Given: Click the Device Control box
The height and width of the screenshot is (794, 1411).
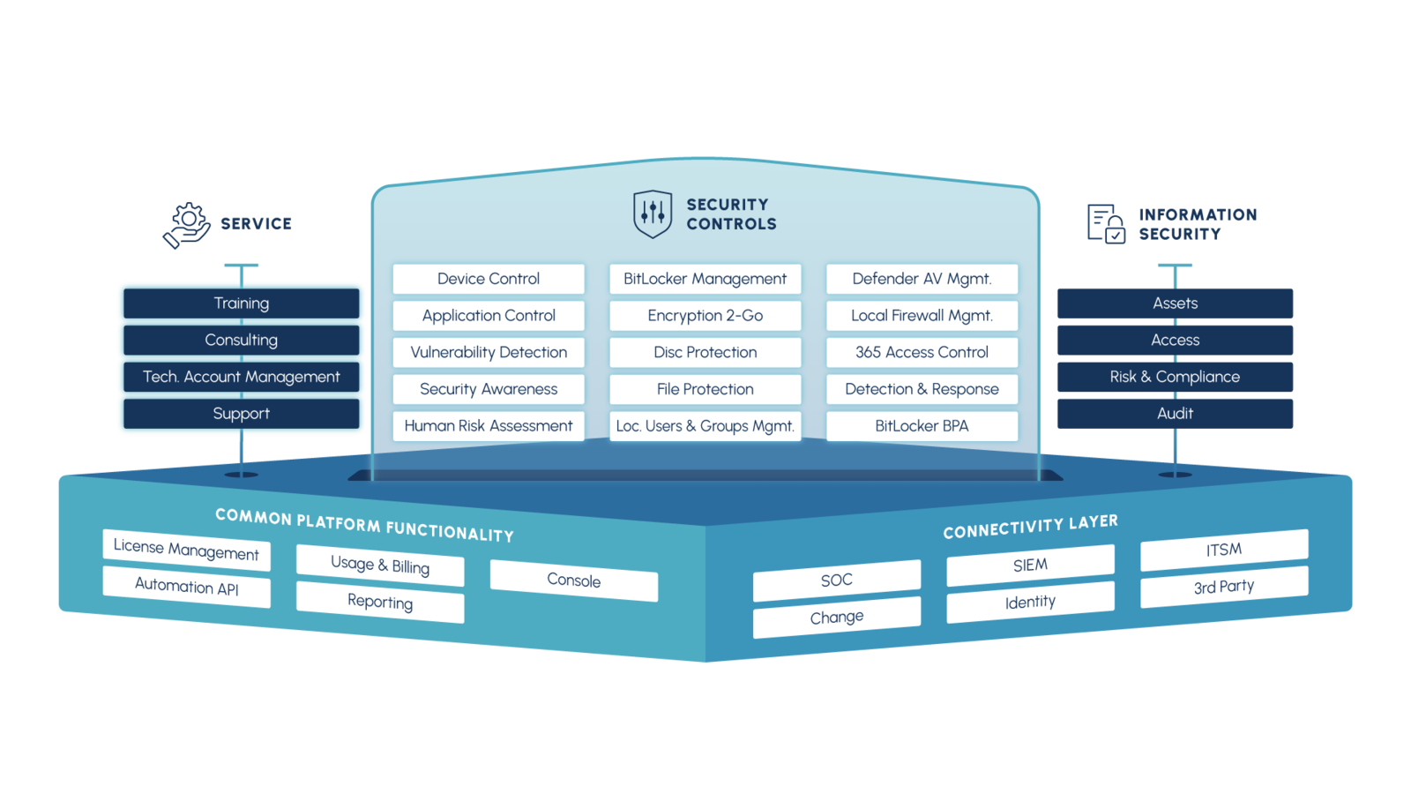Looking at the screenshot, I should tap(489, 279).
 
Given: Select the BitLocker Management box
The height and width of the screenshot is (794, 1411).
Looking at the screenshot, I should tap(705, 279).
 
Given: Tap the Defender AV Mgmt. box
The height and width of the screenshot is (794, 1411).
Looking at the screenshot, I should tap(922, 279).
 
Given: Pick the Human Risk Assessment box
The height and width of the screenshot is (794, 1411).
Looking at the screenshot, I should tap(489, 426).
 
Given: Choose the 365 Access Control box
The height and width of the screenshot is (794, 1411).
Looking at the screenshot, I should tap(922, 352).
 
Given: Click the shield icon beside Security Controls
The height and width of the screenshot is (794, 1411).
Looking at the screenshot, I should tap(653, 213).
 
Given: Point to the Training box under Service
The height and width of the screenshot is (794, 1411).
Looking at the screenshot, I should tap(241, 303).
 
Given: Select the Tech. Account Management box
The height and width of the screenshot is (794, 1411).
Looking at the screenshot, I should tap(241, 377).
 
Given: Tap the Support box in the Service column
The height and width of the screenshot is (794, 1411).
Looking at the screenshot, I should tap(241, 414).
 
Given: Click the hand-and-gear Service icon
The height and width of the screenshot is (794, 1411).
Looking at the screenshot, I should tap(187, 225).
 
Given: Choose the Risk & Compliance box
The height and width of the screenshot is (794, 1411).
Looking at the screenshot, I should tap(1175, 377).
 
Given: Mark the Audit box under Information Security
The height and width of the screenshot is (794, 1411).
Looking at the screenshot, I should tap(1175, 414).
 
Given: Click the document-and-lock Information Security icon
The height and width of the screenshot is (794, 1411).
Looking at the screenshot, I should tap(1106, 223).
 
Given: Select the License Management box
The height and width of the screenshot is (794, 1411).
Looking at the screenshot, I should tap(186, 550).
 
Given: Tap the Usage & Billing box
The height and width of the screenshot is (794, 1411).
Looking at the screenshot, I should tap(380, 566).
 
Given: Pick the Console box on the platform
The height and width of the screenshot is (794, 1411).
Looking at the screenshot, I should tap(573, 581).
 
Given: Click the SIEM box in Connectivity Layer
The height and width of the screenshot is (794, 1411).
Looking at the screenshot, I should tap(1030, 566).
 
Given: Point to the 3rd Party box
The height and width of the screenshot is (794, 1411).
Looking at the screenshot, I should tap(1224, 587).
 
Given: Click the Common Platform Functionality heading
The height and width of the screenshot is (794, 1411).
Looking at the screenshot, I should tap(364, 525).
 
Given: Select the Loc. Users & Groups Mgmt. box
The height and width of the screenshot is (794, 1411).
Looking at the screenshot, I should tap(705, 426).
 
